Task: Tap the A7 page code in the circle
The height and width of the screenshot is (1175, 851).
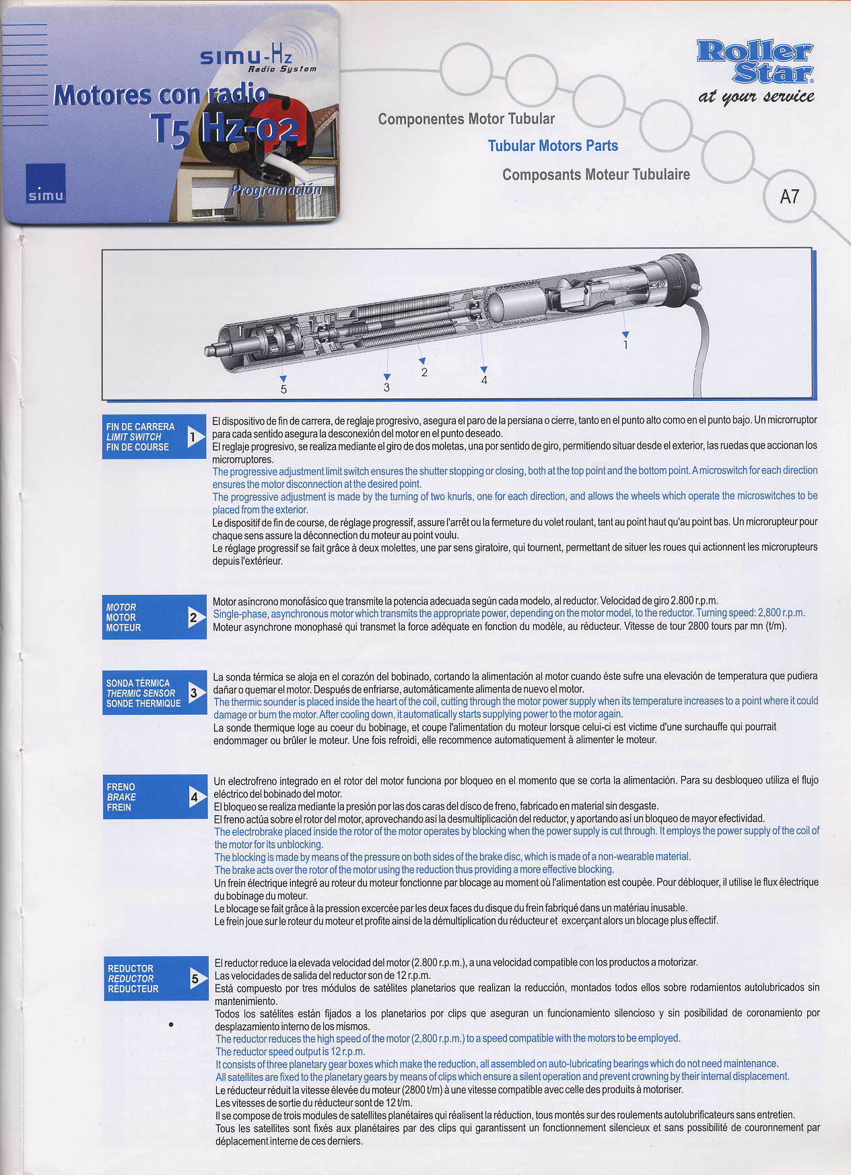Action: pos(790,197)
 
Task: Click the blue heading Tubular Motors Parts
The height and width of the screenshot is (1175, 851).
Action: pos(553,146)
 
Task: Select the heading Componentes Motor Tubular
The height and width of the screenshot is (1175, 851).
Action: pos(467,119)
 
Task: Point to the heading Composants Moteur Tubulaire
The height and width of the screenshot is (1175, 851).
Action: pos(597,174)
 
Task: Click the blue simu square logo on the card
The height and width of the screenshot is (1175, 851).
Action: pos(46,183)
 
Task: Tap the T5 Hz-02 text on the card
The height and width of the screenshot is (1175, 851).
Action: pos(226,129)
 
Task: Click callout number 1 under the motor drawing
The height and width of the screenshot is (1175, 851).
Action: pos(626,345)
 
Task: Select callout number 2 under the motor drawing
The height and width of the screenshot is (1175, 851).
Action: pos(424,372)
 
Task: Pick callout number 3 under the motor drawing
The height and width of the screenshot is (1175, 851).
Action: pos(386,387)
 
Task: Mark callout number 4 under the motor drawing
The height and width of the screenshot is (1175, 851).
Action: pos(484,381)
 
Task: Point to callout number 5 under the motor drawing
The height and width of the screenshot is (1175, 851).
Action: pos(283,389)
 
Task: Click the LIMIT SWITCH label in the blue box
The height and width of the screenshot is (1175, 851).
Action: pos(133,437)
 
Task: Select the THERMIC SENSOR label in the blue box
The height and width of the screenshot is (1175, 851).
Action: pos(140,693)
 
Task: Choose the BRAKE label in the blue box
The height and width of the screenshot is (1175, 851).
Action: pos(121,797)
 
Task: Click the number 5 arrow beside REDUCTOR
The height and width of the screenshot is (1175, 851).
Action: pos(197,978)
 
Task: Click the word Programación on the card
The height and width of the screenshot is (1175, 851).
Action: pos(276,189)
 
